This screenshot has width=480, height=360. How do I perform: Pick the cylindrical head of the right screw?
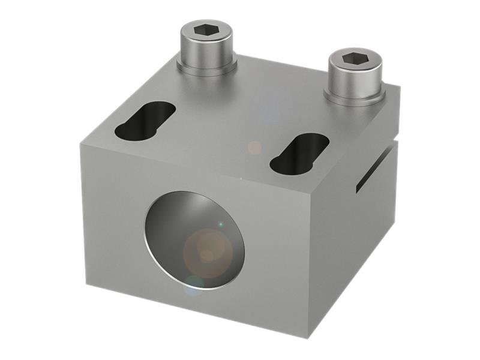click(x=354, y=77)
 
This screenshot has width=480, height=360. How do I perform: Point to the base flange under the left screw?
click(x=206, y=67)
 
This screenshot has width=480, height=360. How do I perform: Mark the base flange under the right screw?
click(x=355, y=98)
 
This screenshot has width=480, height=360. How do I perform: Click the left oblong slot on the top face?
click(x=145, y=119)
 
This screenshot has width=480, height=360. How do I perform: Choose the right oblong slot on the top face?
click(x=299, y=153)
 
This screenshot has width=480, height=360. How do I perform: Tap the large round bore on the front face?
click(x=195, y=240)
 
